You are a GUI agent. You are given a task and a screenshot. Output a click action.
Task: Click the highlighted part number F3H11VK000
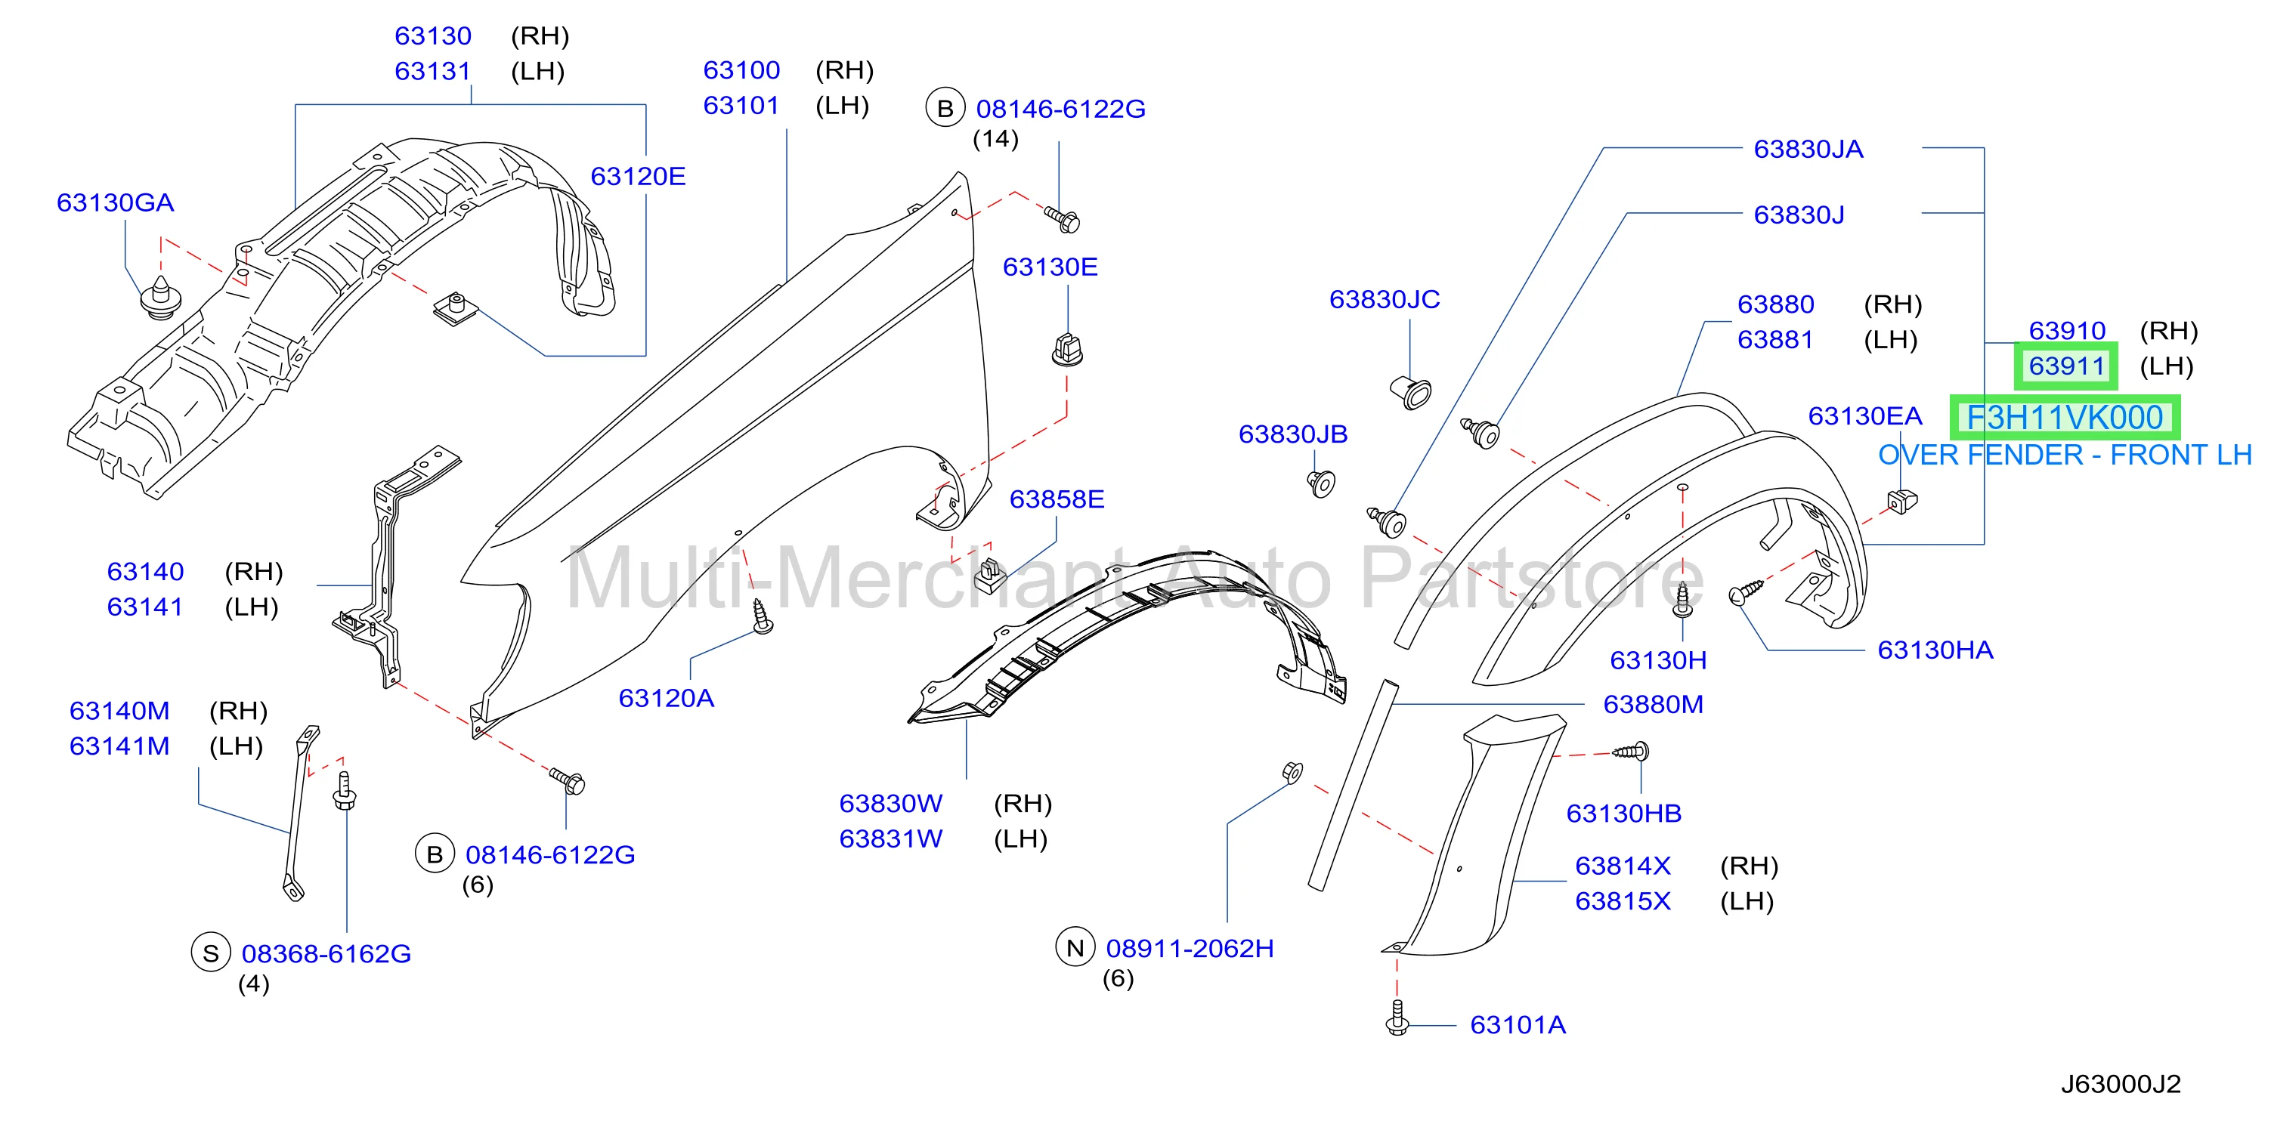(2065, 417)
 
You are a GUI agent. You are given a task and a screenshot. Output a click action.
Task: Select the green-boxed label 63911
(2066, 366)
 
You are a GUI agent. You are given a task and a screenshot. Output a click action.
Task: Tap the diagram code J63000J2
(2121, 1084)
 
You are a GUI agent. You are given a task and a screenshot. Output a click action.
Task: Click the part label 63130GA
(116, 202)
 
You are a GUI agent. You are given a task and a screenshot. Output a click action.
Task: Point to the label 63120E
(637, 176)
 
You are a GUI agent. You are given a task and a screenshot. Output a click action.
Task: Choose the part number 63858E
(1057, 500)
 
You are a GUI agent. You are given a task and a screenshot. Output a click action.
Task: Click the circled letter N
(1075, 948)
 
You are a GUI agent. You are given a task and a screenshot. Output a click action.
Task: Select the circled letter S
(211, 953)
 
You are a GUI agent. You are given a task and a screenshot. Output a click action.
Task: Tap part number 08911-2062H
(1190, 948)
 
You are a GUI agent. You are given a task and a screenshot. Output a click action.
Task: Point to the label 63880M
(1653, 705)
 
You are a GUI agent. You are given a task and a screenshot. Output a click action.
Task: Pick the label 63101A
(1518, 1025)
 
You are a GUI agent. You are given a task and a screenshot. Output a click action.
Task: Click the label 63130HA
(1935, 650)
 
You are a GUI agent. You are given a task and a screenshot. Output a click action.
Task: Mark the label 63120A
(666, 698)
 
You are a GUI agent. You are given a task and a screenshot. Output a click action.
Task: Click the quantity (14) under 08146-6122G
(995, 139)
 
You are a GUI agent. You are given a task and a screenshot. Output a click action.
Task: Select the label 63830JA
(1808, 149)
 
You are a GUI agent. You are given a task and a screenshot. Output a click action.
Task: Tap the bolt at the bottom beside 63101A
(1397, 1019)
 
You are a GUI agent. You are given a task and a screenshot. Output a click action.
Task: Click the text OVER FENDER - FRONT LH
(2065, 455)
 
